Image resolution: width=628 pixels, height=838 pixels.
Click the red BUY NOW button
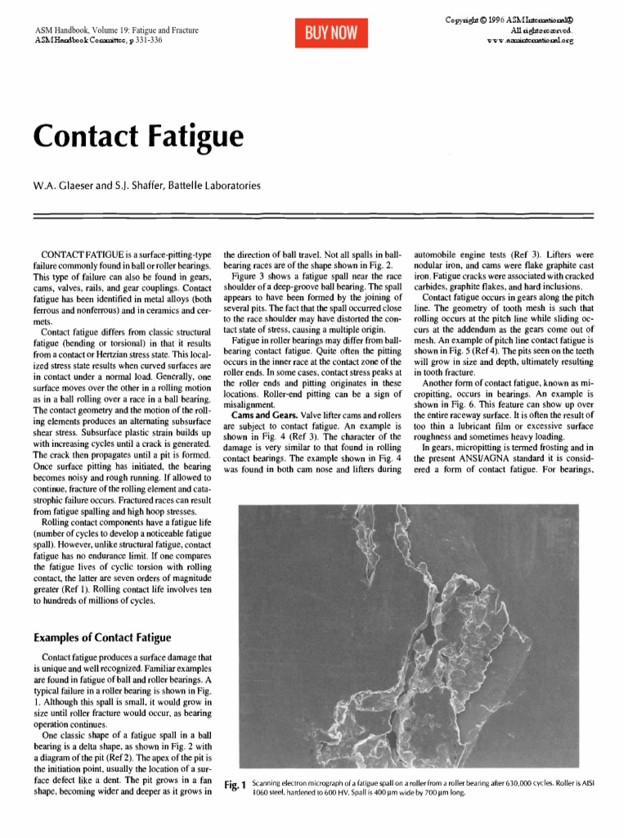click(331, 33)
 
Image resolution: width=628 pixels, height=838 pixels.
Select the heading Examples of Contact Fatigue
click(101, 637)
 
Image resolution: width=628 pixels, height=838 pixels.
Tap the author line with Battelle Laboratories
click(146, 186)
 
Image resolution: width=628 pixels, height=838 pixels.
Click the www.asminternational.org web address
click(530, 38)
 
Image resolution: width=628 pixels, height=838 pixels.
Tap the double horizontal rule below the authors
click(314, 214)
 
